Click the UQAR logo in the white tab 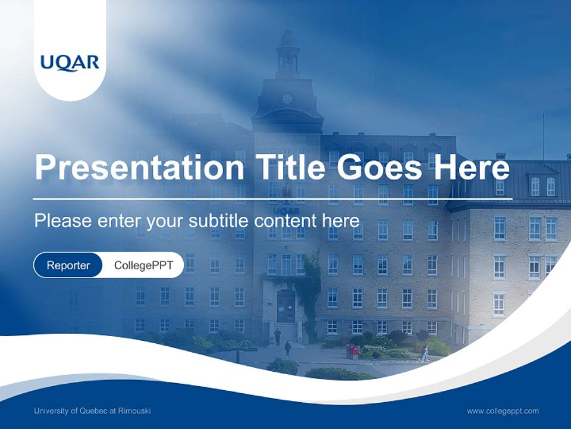(70, 62)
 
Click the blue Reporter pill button (68, 265)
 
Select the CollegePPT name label (143, 265)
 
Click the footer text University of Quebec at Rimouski (92, 411)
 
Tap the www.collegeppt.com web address (503, 411)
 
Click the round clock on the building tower (287, 99)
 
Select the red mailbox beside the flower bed (353, 352)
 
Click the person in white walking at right (425, 353)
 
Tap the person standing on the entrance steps (277, 336)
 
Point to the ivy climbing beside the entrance (310, 286)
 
